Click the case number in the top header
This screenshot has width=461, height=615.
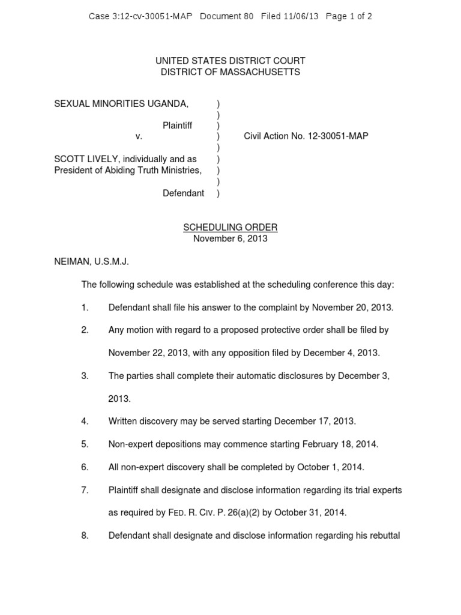click(140, 16)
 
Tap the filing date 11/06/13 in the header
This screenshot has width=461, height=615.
click(302, 16)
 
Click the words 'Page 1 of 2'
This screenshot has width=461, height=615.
click(349, 16)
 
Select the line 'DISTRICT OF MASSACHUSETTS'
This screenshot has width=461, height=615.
click(230, 72)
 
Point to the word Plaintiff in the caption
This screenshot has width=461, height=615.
click(177, 126)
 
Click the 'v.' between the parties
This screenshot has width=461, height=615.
click(139, 136)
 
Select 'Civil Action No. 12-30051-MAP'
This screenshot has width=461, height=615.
click(306, 136)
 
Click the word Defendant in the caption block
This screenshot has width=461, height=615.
click(183, 193)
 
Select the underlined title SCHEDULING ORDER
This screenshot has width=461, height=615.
click(230, 228)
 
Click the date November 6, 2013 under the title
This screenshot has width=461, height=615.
click(230, 238)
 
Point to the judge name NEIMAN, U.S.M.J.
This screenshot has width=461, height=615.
click(91, 262)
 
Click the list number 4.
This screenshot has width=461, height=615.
click(85, 422)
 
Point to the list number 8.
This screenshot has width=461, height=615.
click(85, 536)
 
